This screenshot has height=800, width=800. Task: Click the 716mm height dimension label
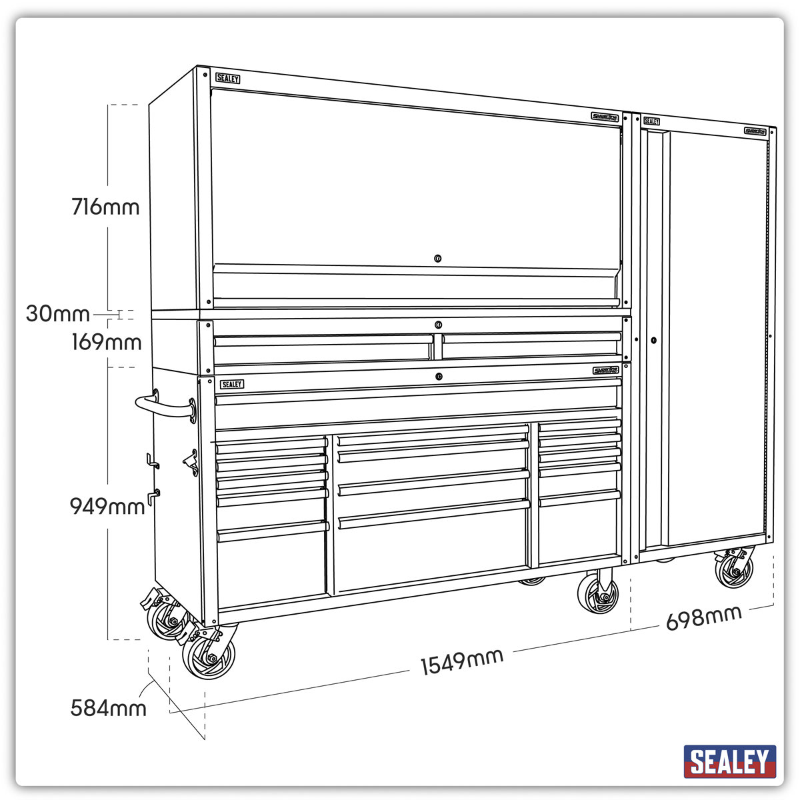[105, 207]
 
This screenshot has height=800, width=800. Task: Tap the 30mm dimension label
[57, 313]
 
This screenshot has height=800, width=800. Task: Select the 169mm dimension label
[107, 343]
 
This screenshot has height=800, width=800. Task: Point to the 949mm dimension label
[107, 507]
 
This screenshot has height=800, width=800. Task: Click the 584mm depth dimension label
[108, 708]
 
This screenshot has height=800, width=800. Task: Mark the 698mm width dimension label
[703, 618]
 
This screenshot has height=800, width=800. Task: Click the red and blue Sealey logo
[730, 761]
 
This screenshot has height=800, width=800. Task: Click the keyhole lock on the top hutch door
[437, 259]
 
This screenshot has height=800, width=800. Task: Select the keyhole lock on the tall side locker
[654, 340]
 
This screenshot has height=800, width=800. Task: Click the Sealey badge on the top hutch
[227, 79]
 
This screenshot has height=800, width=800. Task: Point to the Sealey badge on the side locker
[651, 121]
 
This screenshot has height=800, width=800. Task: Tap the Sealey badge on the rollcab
[232, 385]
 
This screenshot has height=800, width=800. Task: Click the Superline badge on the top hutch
[605, 117]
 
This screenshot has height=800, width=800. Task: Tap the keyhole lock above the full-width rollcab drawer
[438, 377]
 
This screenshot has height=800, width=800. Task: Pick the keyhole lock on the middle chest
[438, 325]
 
